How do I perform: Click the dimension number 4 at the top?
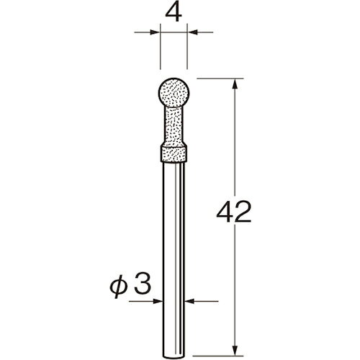[174, 13]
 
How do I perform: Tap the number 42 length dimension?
[234, 212]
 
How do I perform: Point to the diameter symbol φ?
[118, 287]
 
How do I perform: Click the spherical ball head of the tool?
[174, 93]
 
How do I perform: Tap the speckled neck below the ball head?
[174, 125]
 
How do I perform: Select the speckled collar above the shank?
[174, 153]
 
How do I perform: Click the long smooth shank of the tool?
[174, 259]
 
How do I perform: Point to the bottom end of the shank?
[174, 356]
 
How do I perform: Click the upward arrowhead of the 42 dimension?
[235, 84]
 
